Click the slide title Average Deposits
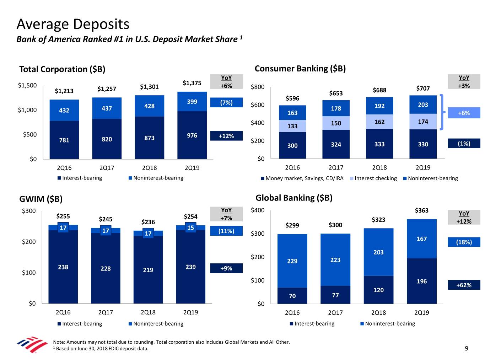[73, 24]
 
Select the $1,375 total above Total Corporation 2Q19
[192, 83]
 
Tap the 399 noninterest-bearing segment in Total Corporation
[192, 102]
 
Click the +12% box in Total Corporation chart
[226, 136]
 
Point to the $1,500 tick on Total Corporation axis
[27, 85]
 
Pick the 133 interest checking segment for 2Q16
[292, 126]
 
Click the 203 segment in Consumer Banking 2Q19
[423, 105]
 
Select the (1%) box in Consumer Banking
[464, 144]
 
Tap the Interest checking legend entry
[375, 178]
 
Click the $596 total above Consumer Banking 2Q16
[292, 98]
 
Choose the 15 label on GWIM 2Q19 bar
[190, 228]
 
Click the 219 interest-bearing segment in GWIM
[148, 270]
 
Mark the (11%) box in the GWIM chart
[226, 231]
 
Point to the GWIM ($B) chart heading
[41, 199]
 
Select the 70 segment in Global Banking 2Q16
[292, 296]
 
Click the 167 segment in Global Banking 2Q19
[422, 239]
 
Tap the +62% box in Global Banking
[464, 285]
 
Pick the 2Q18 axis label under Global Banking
[378, 313]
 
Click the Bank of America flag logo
[32, 344]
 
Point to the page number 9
[467, 348]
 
